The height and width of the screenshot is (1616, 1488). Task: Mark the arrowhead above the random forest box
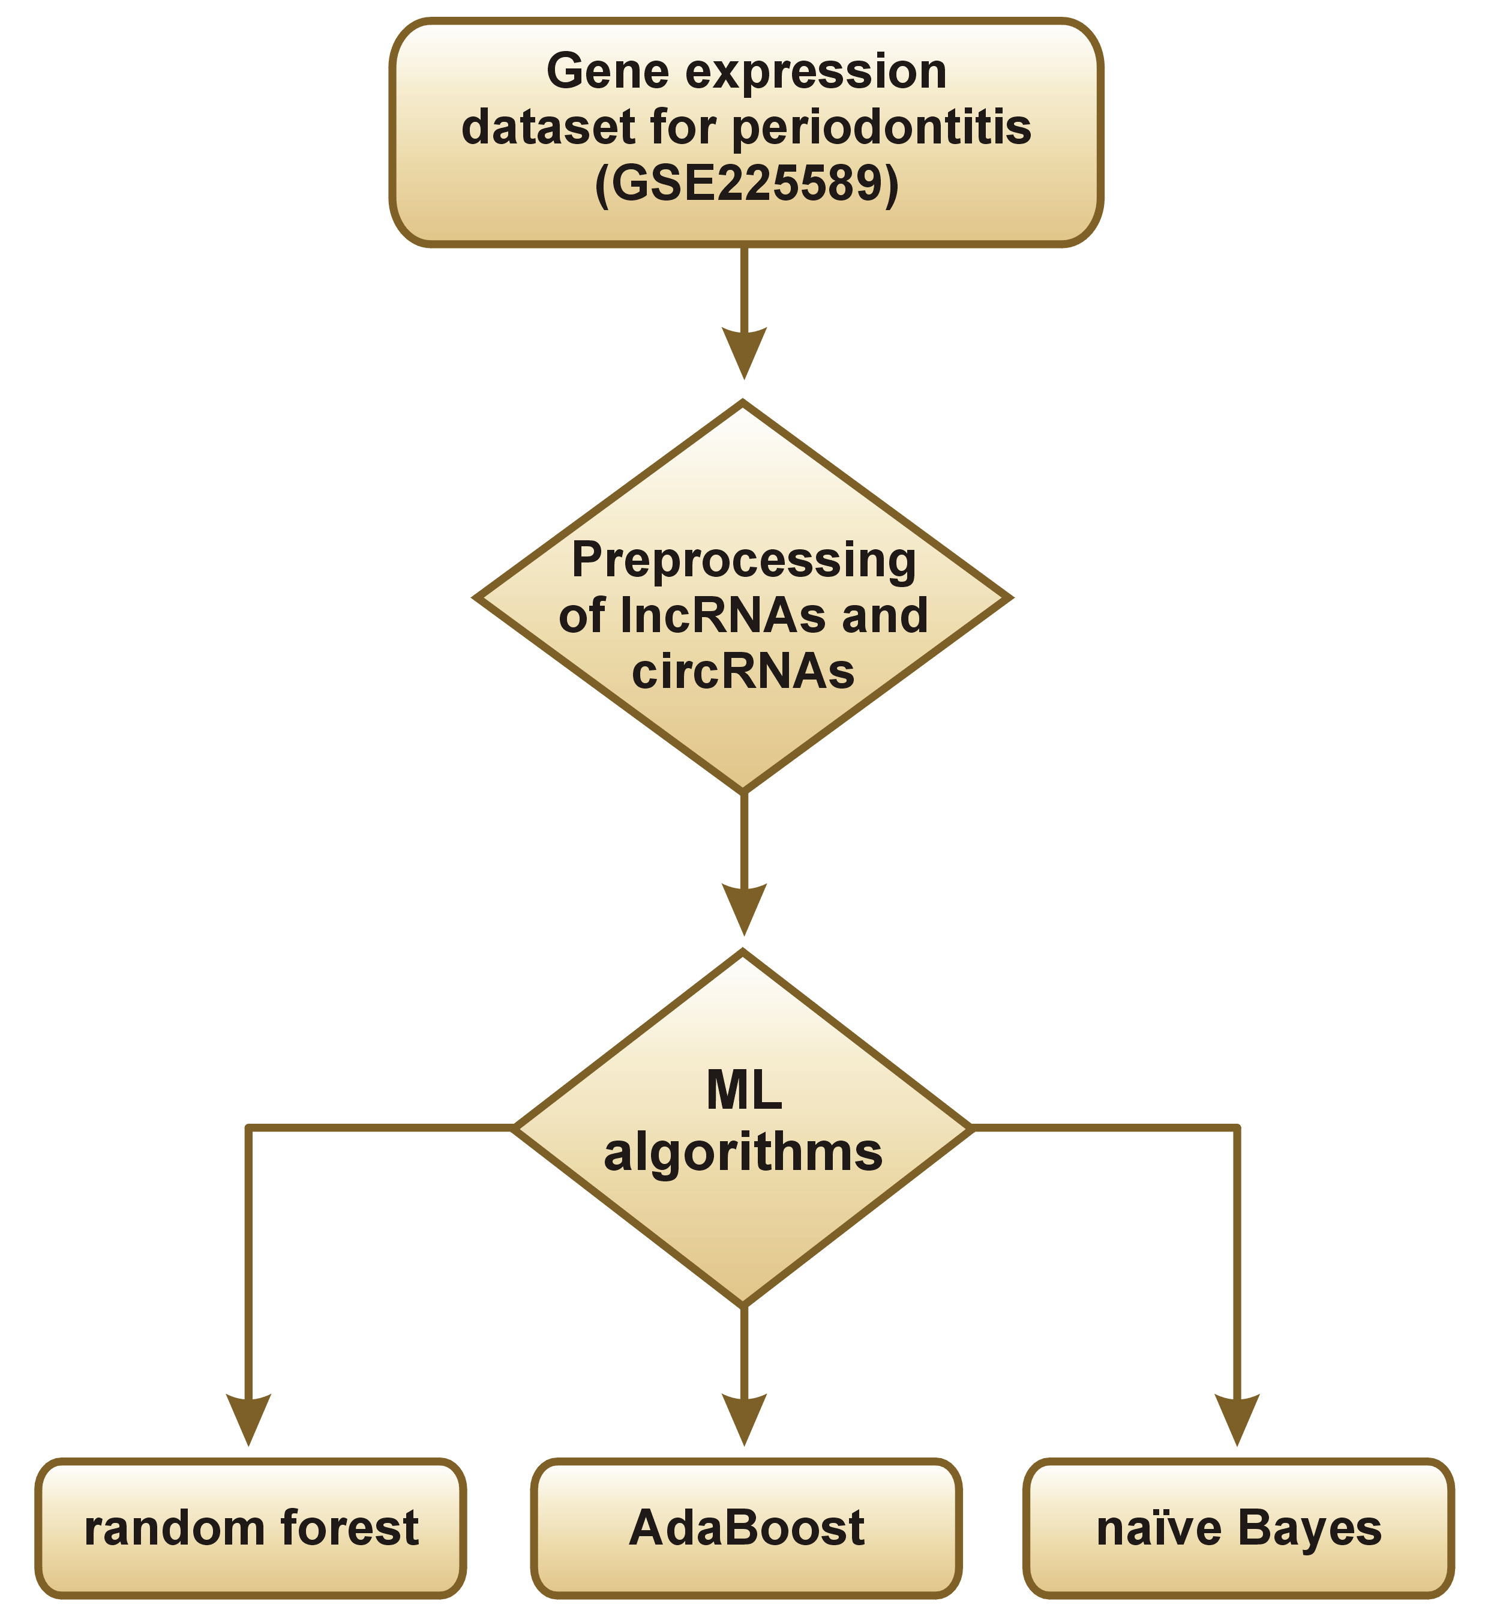[x=249, y=1418]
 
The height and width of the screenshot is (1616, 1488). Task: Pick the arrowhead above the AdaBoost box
[x=744, y=1418]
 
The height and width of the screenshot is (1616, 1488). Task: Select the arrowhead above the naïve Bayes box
[x=1237, y=1418]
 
